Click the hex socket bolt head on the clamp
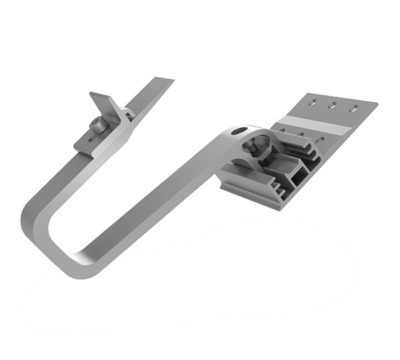pyautogui.click(x=97, y=124)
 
